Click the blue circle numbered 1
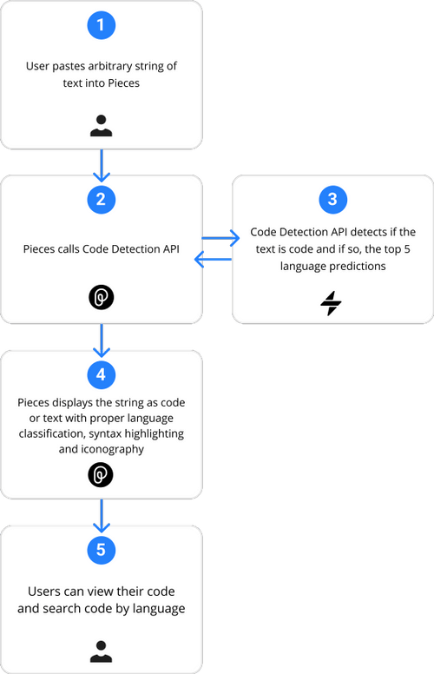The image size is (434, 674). click(x=102, y=26)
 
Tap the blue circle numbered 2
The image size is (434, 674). click(x=102, y=200)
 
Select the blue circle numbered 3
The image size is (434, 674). click(x=332, y=200)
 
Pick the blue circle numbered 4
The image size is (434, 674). click(x=102, y=374)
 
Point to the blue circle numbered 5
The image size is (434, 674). click(x=102, y=549)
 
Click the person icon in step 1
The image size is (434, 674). click(x=102, y=125)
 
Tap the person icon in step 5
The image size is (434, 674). click(x=102, y=649)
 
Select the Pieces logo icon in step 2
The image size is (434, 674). click(x=102, y=298)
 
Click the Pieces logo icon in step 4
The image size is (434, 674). click(x=102, y=474)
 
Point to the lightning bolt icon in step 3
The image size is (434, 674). click(x=332, y=303)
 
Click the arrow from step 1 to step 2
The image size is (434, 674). click(x=102, y=162)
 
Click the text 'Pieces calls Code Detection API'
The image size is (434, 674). click(x=102, y=248)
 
